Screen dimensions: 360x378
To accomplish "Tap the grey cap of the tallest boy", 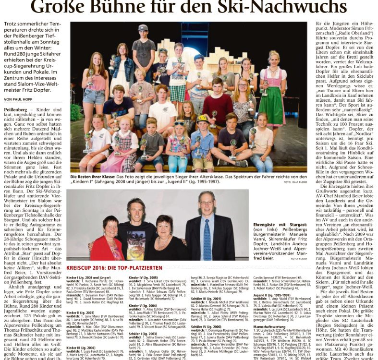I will pos(143,28).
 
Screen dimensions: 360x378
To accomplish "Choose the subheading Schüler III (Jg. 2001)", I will pos(207,298).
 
